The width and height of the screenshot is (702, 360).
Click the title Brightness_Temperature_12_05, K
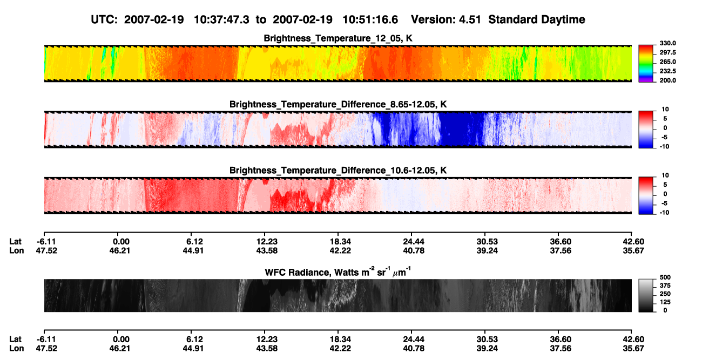point(338,38)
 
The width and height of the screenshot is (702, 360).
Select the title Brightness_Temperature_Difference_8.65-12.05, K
point(338,104)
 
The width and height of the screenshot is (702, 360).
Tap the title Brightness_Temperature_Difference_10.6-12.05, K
point(338,171)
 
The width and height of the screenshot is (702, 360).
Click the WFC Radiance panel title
point(338,272)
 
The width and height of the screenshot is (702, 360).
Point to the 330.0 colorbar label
point(667,43)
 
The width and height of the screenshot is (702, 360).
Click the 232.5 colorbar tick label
point(667,71)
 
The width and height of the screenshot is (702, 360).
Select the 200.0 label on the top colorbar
point(667,80)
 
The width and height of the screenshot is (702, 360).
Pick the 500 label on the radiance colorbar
point(665,277)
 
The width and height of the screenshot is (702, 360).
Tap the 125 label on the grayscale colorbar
point(665,302)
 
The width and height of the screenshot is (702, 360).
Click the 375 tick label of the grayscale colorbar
point(665,286)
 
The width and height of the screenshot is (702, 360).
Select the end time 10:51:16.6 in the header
point(370,20)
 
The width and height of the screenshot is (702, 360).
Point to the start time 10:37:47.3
point(221,20)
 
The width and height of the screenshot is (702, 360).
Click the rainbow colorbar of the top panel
point(646,64)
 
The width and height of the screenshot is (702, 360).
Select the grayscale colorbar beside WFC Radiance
point(646,295)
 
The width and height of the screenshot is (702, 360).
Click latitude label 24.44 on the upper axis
point(413,242)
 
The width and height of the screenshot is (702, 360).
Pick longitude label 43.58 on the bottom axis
point(267,349)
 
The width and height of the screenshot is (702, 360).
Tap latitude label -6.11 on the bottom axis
point(46,339)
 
